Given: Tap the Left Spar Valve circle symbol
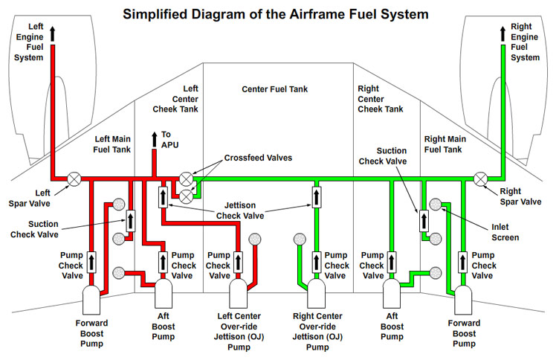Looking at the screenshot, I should pos(74,179).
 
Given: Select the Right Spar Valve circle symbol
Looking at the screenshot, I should pos(481,179).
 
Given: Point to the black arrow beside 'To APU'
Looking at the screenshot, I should pos(155,139).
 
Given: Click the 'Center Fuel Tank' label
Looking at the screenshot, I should pos(274,89).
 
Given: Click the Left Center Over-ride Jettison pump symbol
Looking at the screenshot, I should pos(238,293).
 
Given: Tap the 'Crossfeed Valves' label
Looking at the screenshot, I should pos(257,158).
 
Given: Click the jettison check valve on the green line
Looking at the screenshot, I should pos(315,196).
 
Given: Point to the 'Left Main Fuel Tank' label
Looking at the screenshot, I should pos(112,144).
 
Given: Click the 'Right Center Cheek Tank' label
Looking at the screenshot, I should pos(381,98).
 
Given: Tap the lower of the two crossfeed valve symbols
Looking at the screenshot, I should pos(186,195).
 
